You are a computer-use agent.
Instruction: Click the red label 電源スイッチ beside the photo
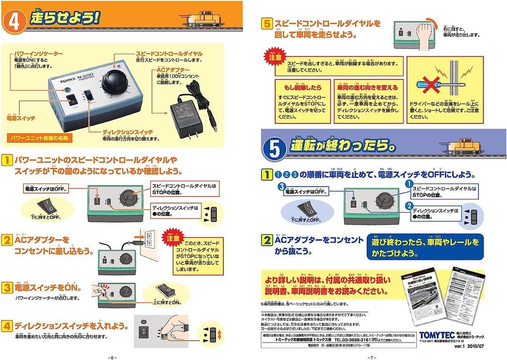click(18, 119)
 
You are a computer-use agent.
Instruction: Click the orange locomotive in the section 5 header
click(464, 147)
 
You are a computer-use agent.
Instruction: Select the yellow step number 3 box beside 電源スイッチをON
click(6, 287)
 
